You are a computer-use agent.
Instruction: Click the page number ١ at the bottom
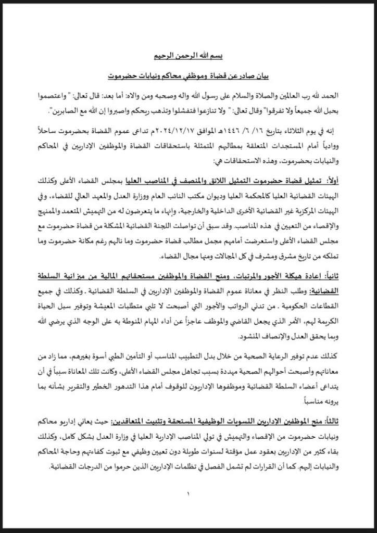pyautogui.click(x=188, y=493)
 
